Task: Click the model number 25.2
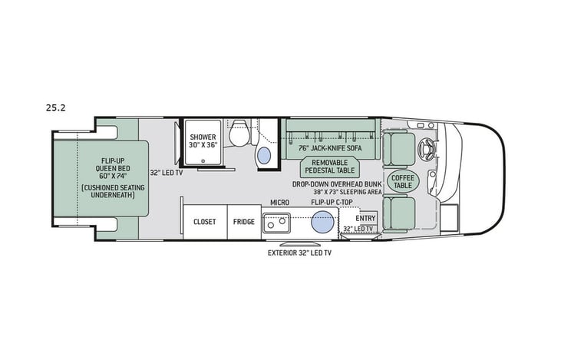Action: click(56, 108)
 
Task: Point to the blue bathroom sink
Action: click(264, 155)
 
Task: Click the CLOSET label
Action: click(204, 221)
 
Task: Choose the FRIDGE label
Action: click(244, 221)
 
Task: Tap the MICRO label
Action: click(279, 203)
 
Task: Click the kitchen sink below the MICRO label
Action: click(276, 223)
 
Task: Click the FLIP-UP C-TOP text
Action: click(332, 203)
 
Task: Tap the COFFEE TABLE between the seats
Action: click(401, 181)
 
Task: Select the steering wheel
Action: click(427, 146)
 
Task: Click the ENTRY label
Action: click(365, 217)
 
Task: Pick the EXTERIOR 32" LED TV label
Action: click(300, 253)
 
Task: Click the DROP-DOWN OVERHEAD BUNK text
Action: click(336, 185)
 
